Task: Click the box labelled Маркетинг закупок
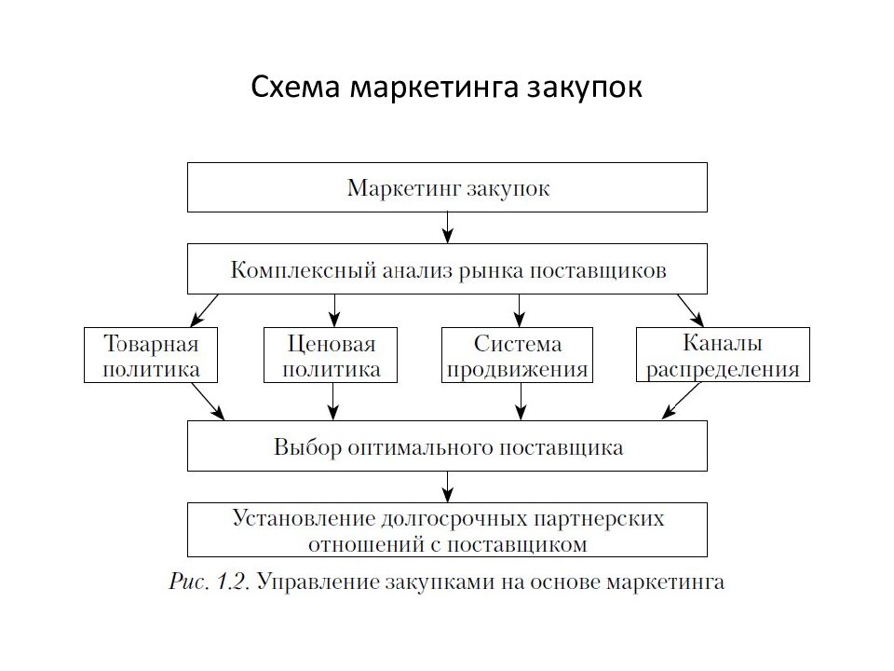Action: (x=448, y=187)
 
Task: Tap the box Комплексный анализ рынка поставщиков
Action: (x=448, y=269)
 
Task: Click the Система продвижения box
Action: (x=517, y=355)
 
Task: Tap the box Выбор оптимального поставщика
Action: (x=448, y=445)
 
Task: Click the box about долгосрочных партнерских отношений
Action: (x=448, y=529)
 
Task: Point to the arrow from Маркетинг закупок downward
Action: (x=448, y=227)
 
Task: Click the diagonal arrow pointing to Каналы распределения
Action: (x=689, y=309)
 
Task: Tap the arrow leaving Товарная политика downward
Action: (x=207, y=402)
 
